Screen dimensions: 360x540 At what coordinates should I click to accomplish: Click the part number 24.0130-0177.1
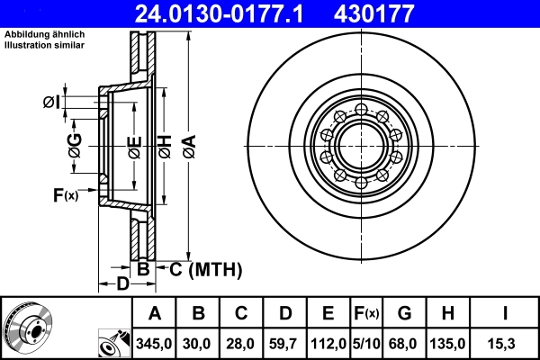click(x=231, y=14)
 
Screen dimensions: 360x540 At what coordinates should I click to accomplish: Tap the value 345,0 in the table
click(x=154, y=343)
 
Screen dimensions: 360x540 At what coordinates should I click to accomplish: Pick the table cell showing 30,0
click(x=198, y=343)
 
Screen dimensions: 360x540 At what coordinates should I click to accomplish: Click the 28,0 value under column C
click(x=241, y=343)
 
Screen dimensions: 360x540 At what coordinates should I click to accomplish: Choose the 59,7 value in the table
click(x=285, y=343)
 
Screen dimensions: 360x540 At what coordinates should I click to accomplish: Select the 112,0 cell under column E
click(x=328, y=343)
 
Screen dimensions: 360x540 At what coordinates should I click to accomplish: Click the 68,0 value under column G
click(x=404, y=343)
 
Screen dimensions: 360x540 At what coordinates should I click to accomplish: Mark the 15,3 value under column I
click(x=506, y=343)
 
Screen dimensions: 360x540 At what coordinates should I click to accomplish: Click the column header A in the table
click(x=154, y=313)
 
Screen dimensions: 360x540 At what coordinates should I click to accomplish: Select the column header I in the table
click(x=506, y=313)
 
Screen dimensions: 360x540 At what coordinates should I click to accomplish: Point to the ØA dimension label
click(x=188, y=145)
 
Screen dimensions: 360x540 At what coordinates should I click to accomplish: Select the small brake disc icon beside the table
click(x=27, y=328)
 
